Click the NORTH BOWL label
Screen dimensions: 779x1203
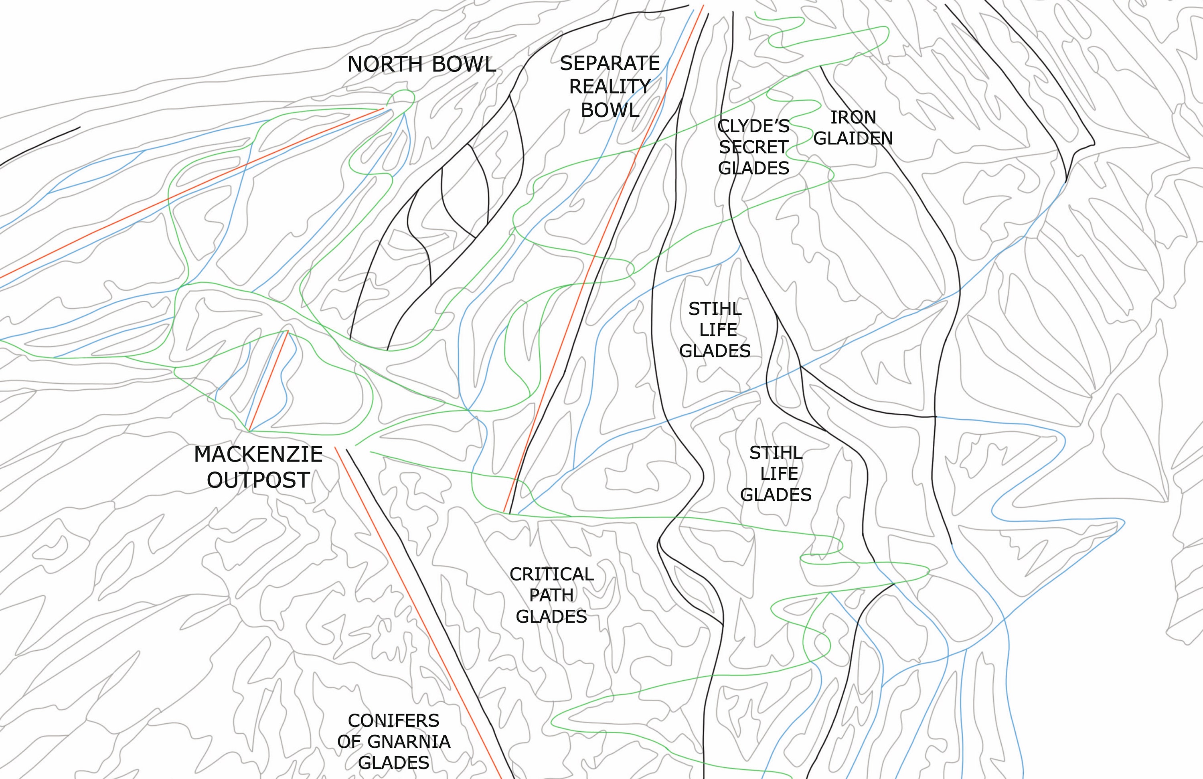[421, 65]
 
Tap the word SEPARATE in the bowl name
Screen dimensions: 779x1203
[610, 63]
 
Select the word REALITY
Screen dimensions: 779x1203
[610, 87]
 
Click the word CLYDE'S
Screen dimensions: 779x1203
[753, 126]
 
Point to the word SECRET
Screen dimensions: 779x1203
[753, 147]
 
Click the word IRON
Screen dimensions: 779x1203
[853, 117]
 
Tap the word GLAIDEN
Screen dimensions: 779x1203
[853, 138]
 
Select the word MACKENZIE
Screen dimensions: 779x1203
[258, 455]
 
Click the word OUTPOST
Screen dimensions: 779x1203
[258, 480]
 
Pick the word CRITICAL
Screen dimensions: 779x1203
[551, 574]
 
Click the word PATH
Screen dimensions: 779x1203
[551, 595]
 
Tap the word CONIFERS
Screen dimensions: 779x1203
[394, 720]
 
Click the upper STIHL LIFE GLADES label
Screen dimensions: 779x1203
[715, 330]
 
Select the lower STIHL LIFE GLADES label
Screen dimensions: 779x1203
[776, 473]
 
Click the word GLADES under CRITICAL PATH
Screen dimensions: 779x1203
[551, 616]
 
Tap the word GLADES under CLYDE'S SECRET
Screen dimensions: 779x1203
[753, 168]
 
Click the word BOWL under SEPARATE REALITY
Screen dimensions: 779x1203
[610, 110]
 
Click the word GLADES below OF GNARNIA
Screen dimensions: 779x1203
[394, 762]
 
